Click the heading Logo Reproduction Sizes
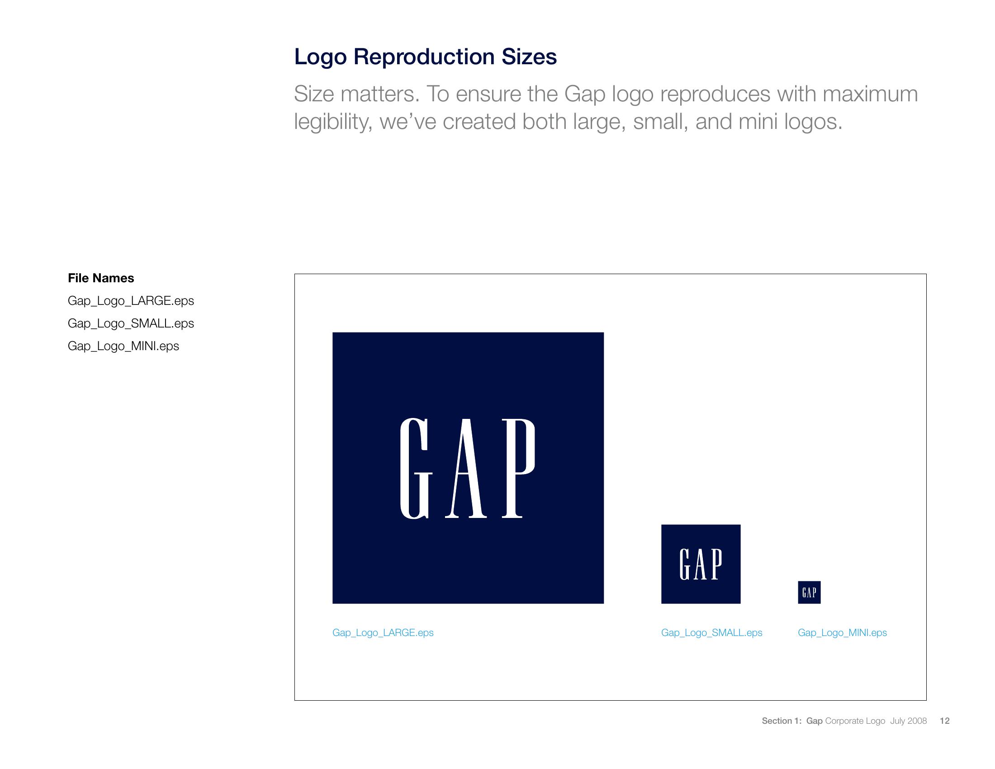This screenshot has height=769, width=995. [x=426, y=57]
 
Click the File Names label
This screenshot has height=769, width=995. [x=101, y=278]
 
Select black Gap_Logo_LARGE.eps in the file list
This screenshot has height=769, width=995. [x=131, y=301]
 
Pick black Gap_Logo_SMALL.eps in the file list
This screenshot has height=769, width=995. [x=131, y=324]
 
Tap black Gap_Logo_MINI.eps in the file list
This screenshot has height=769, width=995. [x=123, y=346]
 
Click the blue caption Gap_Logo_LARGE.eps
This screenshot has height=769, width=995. [x=383, y=633]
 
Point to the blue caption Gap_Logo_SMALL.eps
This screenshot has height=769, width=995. [x=711, y=633]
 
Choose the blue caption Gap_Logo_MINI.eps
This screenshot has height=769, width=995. [x=843, y=633]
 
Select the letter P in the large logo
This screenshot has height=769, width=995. [x=518, y=468]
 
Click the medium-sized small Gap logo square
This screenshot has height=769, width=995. [x=701, y=564]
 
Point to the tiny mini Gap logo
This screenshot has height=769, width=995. [x=809, y=592]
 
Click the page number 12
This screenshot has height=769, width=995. [x=945, y=721]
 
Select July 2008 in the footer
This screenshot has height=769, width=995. [x=909, y=721]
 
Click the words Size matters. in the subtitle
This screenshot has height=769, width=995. [x=356, y=94]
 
